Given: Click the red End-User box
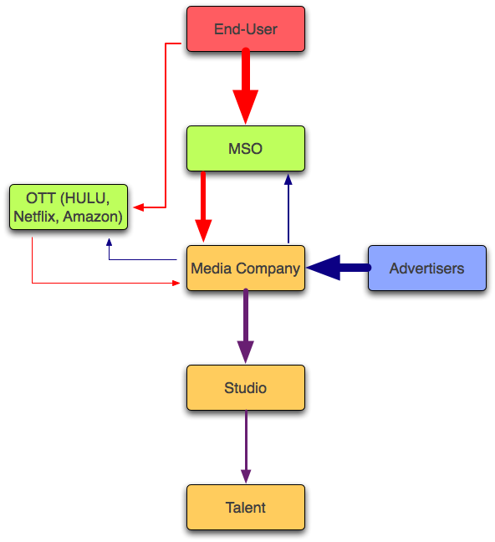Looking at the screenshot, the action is pos(246,29).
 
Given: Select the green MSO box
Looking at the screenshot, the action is pos(246,149).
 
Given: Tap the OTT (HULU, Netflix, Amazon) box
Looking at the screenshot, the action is pos(69,207).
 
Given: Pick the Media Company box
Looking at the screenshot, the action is pos(246,268).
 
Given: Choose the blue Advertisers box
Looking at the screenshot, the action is pos(427,268).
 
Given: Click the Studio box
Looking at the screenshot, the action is pos(246,388).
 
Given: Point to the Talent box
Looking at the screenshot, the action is pos(246,508).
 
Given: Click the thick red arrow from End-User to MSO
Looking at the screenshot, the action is pos(246,85).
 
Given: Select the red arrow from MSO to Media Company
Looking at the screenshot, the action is pos(203,207).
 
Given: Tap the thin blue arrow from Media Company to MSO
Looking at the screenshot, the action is pos(288,208).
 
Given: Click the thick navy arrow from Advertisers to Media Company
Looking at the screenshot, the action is pos(339,268).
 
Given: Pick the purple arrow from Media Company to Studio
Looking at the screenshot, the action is pos(246,325).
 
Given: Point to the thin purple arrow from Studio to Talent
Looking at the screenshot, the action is pos(246,447).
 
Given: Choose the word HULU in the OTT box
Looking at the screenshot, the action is pos(87,198).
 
